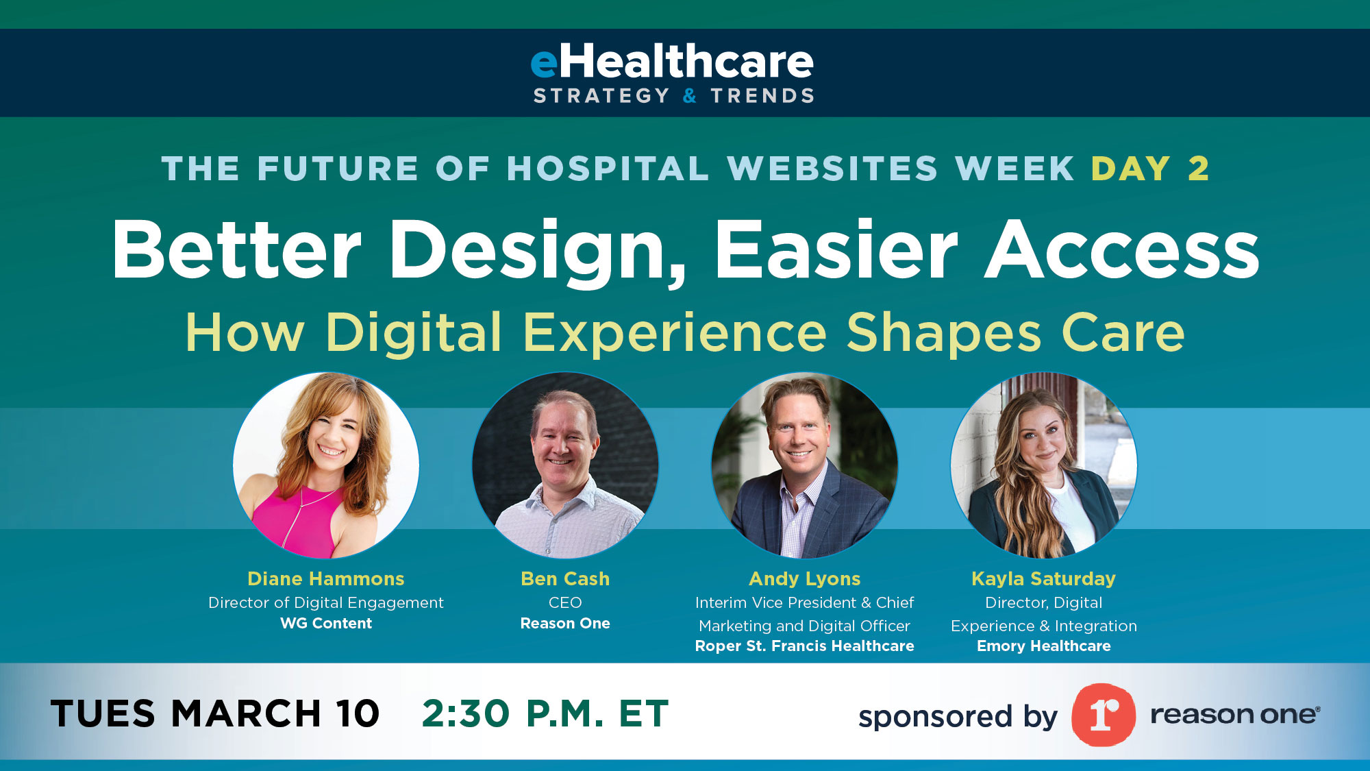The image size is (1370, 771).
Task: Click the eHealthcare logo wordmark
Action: [673, 62]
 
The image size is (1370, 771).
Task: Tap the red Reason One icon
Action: [1103, 715]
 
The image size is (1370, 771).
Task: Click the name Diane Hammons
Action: [326, 579]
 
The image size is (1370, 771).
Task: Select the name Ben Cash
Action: [565, 579]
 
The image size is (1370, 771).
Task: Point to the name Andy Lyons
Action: [804, 579]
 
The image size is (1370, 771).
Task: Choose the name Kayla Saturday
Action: [1043, 579]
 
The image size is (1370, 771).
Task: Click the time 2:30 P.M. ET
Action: [545, 713]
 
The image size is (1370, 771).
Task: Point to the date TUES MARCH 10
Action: [215, 713]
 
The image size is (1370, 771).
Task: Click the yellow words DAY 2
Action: [1150, 169]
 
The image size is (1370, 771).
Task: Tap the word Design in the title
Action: [537, 251]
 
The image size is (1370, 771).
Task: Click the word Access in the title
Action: [1122, 249]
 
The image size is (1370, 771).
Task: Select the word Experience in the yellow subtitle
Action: [675, 333]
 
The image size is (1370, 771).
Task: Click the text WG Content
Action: [326, 624]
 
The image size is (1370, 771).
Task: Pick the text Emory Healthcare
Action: [1043, 646]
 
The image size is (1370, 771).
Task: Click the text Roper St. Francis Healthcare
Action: [804, 646]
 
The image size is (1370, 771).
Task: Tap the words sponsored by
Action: [958, 717]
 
